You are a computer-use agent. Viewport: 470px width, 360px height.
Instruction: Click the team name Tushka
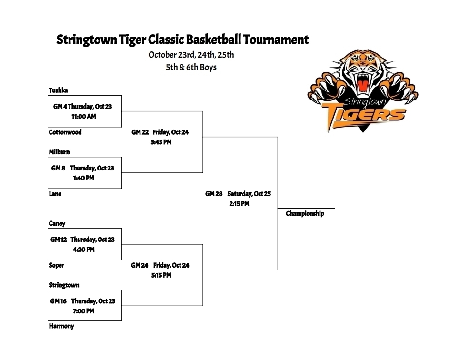click(58, 90)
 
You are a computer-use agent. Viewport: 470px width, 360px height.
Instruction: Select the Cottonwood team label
click(65, 132)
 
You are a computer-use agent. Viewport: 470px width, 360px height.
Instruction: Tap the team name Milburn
click(59, 152)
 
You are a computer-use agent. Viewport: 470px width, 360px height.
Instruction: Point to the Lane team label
click(55, 194)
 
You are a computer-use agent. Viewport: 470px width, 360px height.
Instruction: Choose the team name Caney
click(57, 224)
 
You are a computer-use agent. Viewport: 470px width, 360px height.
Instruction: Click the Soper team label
click(56, 265)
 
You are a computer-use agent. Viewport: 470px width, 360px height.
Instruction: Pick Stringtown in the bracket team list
click(64, 285)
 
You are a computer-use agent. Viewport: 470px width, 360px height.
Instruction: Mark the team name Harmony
click(61, 326)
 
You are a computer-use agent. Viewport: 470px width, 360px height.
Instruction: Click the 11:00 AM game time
click(84, 116)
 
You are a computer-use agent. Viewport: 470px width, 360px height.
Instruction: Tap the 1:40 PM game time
click(84, 178)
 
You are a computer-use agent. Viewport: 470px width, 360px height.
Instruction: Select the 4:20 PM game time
click(84, 250)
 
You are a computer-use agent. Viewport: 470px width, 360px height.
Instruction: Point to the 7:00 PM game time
click(84, 311)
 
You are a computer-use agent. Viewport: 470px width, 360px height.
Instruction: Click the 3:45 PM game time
click(161, 142)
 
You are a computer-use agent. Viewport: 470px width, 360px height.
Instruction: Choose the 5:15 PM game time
click(161, 275)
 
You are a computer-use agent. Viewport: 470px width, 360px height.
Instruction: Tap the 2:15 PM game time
click(239, 204)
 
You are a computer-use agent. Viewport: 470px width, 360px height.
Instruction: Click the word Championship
click(305, 214)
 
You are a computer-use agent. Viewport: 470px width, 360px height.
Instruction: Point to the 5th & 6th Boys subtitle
click(191, 67)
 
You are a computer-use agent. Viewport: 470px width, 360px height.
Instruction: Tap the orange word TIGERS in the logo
click(364, 115)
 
